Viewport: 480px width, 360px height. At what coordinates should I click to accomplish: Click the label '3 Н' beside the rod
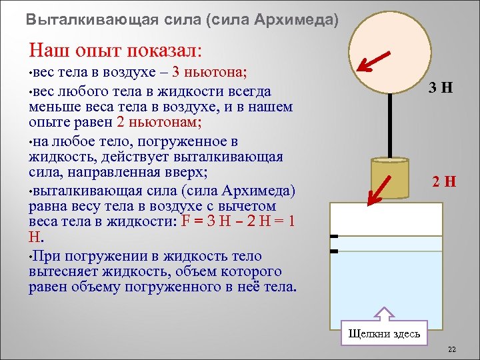(x=441, y=87)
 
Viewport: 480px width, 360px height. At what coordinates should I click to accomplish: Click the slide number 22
(x=451, y=349)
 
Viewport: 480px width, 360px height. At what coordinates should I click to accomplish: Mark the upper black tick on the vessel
(x=334, y=236)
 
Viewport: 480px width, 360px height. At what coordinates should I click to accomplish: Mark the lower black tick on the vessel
(x=334, y=251)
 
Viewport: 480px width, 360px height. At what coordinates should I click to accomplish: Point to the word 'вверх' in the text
(x=188, y=173)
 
